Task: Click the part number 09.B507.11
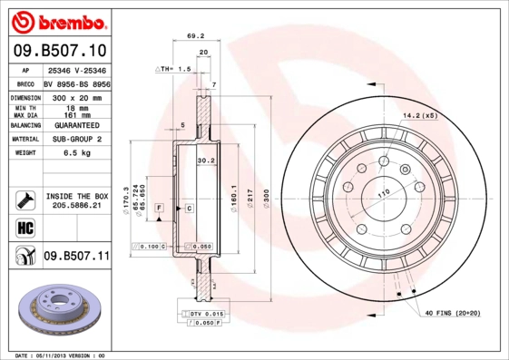[75, 257]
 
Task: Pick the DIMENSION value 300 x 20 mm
[76, 96]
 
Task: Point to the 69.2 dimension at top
[193, 35]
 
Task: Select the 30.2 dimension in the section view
[205, 161]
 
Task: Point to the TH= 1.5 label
[173, 68]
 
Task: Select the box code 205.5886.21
[76, 206]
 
